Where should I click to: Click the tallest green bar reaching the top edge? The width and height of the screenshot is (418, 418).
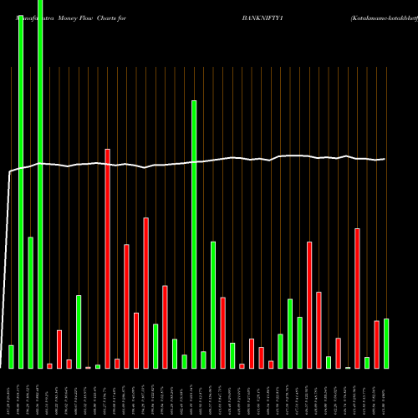coord(40,184)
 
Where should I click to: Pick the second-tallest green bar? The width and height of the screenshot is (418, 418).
coord(21,192)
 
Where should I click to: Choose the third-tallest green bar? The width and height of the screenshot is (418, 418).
coord(194,234)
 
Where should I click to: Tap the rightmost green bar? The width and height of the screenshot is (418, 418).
coord(386,343)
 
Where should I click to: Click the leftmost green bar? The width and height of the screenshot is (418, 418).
coord(11,356)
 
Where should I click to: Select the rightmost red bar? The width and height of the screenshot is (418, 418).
coord(376,344)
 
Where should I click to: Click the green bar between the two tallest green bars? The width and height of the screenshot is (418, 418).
coord(31,303)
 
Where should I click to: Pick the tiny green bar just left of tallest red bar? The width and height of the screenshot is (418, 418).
coord(98,366)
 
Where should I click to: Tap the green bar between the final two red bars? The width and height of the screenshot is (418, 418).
coord(367,362)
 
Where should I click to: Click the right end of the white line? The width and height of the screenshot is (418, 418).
coord(385,158)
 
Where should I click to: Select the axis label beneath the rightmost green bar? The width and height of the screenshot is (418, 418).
coord(386,393)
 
